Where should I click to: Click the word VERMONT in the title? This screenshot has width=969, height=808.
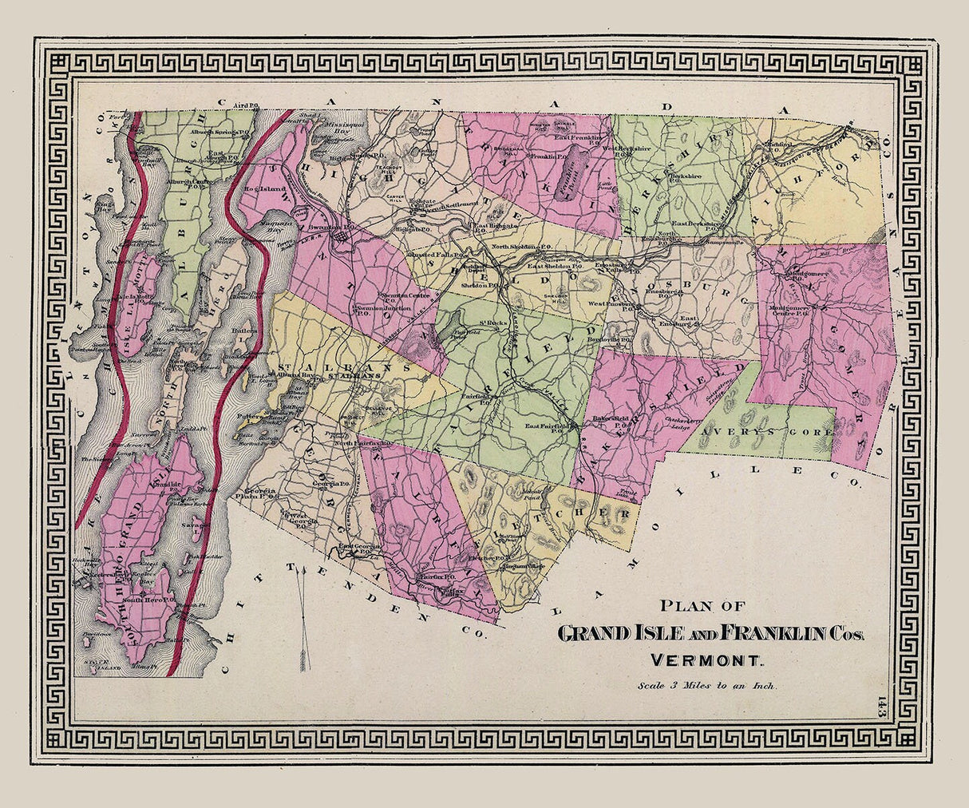(x=708, y=660)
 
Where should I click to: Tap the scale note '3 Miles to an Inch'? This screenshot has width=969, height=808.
(x=707, y=684)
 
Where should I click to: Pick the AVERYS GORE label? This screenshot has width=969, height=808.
(x=771, y=431)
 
